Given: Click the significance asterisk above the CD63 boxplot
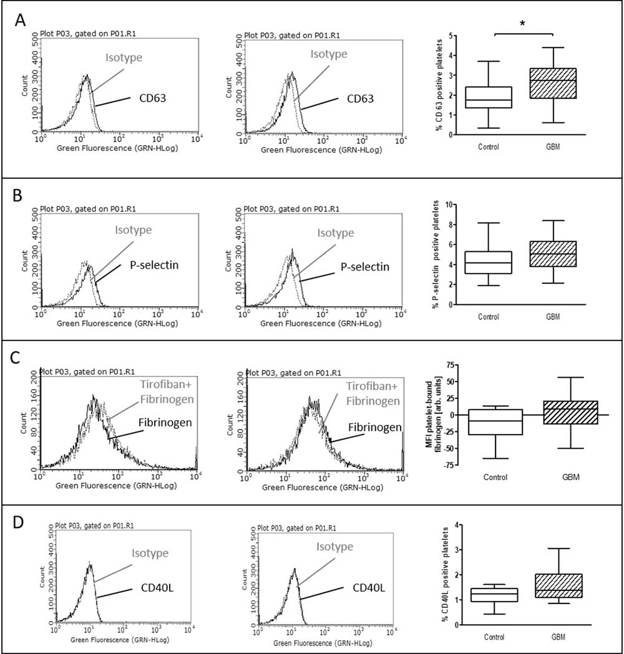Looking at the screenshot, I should click(x=522, y=22).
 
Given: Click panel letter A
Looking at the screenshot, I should click(x=21, y=21).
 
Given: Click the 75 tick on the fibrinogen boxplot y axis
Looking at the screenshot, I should click(x=449, y=363).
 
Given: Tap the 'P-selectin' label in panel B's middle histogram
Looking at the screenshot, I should click(x=365, y=266).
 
